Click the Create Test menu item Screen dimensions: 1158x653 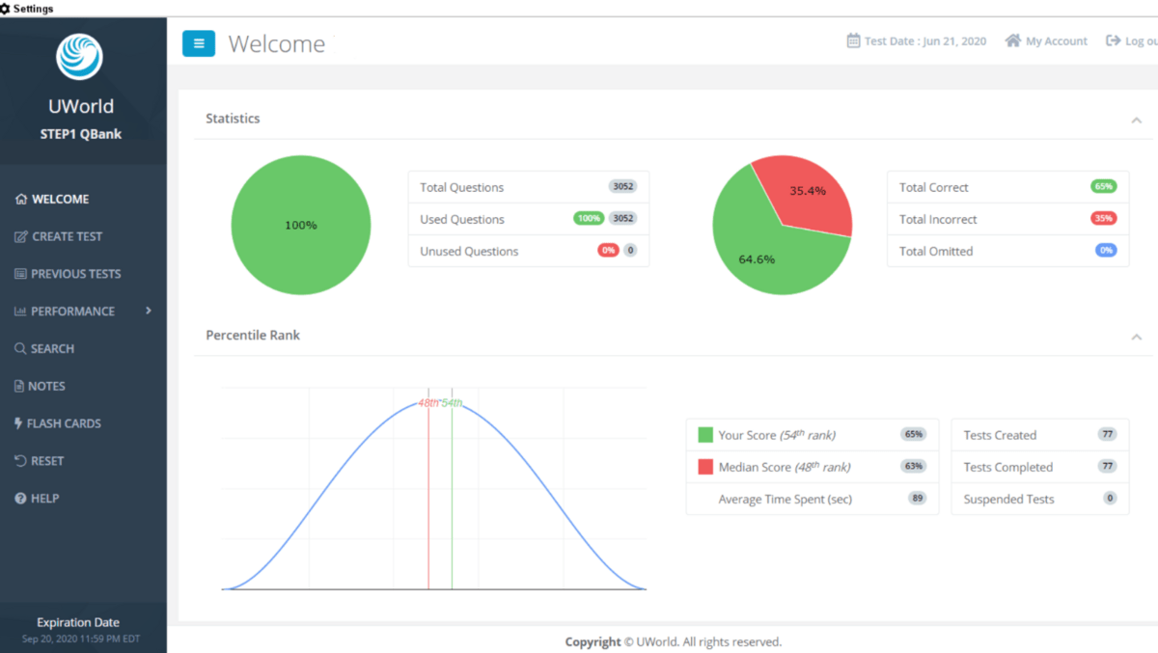click(59, 236)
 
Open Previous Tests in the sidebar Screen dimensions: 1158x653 click(68, 274)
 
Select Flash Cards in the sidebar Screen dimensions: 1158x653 click(58, 423)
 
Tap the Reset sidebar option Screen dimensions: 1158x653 click(40, 461)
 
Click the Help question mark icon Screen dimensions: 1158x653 click(20, 499)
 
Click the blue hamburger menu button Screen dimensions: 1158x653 click(199, 43)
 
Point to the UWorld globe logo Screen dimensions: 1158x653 click(79, 57)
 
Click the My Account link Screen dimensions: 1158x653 click(1046, 41)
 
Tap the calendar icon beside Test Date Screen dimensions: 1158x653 click(853, 41)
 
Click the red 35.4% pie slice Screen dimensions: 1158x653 click(808, 197)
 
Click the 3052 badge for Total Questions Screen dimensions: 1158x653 click(623, 186)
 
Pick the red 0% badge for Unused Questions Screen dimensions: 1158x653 click(608, 251)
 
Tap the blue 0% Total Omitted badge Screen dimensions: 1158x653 click(1106, 251)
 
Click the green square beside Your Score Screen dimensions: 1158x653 click(705, 434)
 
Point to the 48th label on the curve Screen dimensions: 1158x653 click(428, 403)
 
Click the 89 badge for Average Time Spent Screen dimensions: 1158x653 click(917, 499)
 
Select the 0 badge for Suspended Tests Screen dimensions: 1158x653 click(1110, 499)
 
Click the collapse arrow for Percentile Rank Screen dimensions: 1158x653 click(1137, 338)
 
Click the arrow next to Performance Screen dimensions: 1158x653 click(149, 311)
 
